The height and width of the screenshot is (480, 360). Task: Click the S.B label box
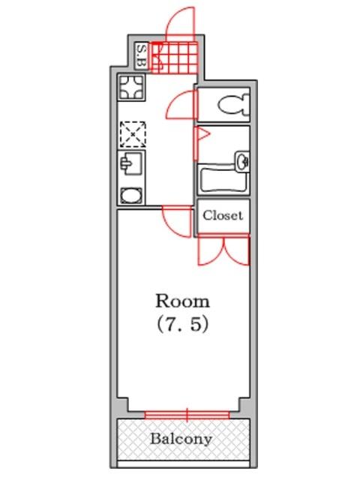pos(142,55)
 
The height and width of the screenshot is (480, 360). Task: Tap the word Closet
pos(223,215)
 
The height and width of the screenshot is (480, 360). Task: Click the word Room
pos(183,301)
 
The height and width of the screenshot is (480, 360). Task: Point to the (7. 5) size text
pos(183,324)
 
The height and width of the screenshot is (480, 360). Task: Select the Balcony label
pos(181,439)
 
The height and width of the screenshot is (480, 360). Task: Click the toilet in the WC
pos(234,104)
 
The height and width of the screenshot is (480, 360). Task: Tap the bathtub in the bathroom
pos(223,180)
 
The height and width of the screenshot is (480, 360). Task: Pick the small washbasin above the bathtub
pos(243,160)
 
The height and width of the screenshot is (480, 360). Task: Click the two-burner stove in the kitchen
pos(131,87)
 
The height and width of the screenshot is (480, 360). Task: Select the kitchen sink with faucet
pos(131,163)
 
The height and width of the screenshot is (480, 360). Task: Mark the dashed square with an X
pos(133,134)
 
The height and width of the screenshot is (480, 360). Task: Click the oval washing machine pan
pos(131,196)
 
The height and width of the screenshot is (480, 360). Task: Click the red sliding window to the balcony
pos(187,415)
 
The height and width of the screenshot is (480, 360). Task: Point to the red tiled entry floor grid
pos(175,58)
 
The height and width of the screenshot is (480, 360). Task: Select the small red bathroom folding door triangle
pos(202,134)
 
